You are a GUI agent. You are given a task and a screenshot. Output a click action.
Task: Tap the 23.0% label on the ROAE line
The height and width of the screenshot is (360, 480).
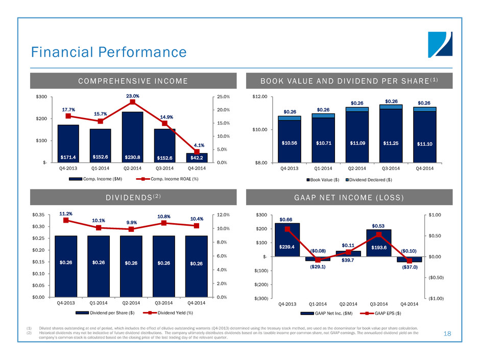point(132,95)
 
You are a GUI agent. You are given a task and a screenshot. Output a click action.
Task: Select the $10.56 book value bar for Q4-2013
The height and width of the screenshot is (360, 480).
point(289,141)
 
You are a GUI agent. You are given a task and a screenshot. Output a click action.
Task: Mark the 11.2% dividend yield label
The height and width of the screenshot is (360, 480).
point(66,214)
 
